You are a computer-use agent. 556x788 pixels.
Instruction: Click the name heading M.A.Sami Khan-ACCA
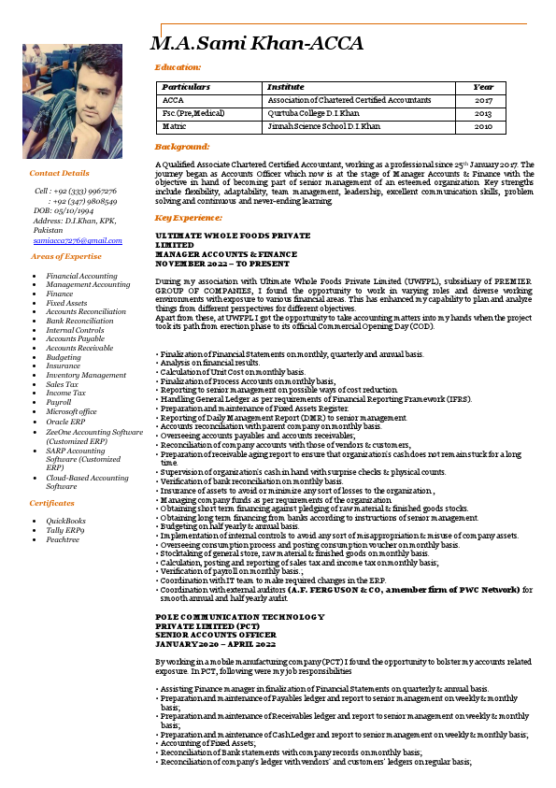(257, 44)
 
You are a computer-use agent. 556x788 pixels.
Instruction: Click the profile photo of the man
(72, 102)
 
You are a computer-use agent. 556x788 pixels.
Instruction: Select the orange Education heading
(178, 67)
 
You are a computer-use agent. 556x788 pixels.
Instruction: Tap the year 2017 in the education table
(483, 99)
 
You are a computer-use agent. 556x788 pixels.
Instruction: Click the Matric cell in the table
(174, 125)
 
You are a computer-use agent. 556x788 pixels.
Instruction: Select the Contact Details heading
(60, 173)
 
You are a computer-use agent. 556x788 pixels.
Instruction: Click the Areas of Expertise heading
(66, 255)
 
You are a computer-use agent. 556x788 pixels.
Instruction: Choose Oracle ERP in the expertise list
(67, 422)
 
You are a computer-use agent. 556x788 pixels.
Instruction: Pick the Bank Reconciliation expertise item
(79, 321)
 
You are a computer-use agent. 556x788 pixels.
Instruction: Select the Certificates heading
(52, 503)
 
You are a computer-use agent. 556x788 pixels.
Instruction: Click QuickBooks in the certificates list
(66, 520)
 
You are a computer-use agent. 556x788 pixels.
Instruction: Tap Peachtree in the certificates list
(63, 539)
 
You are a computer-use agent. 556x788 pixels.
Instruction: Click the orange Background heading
(182, 147)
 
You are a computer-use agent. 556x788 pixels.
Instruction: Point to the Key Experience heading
(191, 217)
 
